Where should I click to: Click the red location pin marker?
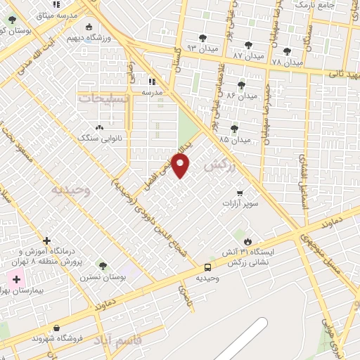coord(181,165)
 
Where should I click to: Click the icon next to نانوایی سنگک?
coord(98,128)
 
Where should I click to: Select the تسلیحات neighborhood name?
coord(103,98)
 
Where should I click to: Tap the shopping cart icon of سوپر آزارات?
coord(240,193)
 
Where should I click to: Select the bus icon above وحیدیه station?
coord(207,267)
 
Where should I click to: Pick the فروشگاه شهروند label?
coord(57,338)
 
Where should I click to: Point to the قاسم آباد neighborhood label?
coord(126,340)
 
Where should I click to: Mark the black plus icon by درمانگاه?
coord(47,240)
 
